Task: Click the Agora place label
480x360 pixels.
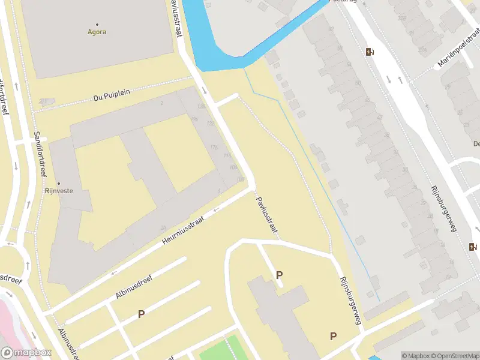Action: [97, 32]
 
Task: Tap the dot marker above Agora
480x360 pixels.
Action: [97, 24]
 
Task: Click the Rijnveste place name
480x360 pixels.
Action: [59, 191]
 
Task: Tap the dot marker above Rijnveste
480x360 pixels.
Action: [59, 183]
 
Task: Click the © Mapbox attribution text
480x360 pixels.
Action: [415, 356]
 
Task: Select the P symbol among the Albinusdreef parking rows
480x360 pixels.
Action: [141, 314]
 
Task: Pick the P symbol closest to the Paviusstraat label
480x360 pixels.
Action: [279, 275]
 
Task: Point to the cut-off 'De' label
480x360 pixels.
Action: [476, 143]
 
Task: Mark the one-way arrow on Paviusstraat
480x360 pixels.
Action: [205, 91]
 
